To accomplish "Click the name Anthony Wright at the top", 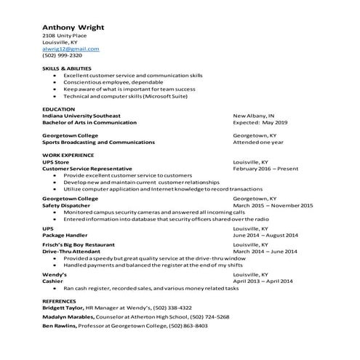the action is [x=73, y=28].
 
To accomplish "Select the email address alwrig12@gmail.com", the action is [x=71, y=49].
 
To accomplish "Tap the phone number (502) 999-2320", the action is [x=62, y=55].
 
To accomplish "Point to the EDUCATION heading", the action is [x=58, y=108].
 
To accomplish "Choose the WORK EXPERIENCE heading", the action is [x=68, y=156].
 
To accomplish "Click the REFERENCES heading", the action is [x=59, y=300].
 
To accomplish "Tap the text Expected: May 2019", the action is [x=260, y=122].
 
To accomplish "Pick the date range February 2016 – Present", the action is [x=265, y=169].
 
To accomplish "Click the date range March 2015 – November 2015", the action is [x=273, y=205].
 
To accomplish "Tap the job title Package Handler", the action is [x=64, y=236].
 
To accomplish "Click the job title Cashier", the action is [x=52, y=281].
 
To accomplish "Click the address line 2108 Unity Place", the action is [x=63, y=36].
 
